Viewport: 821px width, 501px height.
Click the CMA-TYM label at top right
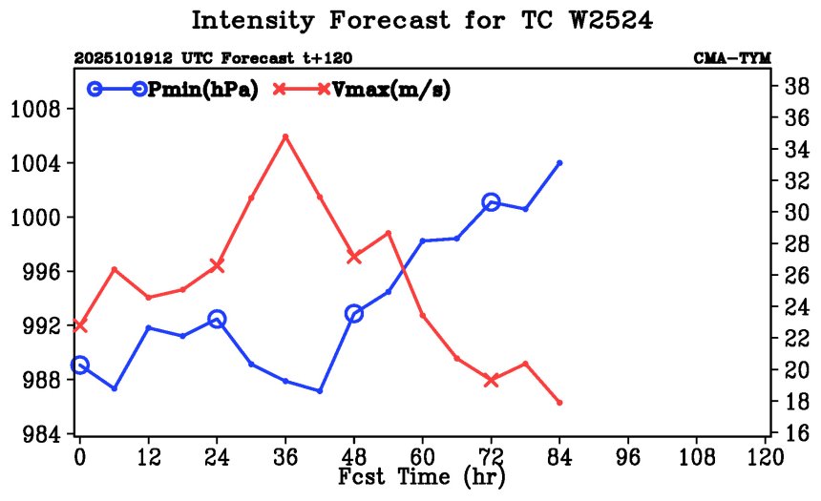click(733, 58)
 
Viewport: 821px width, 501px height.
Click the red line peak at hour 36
click(285, 136)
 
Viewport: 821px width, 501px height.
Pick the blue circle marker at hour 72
click(492, 201)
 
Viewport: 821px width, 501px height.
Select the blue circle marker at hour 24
click(217, 319)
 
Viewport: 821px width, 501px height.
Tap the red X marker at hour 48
click(354, 256)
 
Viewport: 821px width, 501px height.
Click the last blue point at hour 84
click(559, 163)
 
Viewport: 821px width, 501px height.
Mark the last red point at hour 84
click(559, 403)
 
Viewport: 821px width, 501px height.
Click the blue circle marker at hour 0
click(79, 365)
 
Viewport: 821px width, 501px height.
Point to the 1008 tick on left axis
click(36, 110)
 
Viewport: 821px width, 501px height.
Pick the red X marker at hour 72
click(492, 380)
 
